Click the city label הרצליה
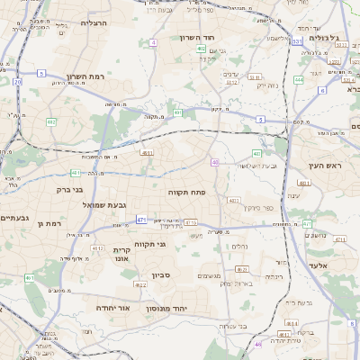tap(93, 22)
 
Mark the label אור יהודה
tap(113, 308)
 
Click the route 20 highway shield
tap(17, 82)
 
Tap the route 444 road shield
tap(298, 79)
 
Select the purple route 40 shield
tap(215, 162)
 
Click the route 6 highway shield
tap(321, 91)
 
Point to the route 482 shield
tap(51, 121)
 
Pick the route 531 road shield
tap(296, 41)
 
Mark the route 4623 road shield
tap(241, 269)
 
